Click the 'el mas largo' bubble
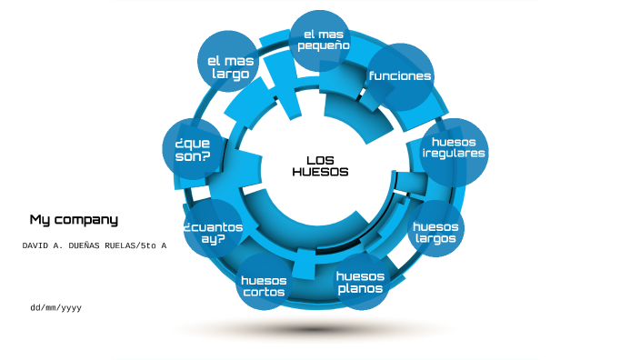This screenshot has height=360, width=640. pyautogui.click(x=228, y=62)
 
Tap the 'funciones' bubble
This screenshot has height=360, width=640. pyautogui.click(x=400, y=76)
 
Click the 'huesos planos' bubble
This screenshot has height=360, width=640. pyautogui.click(x=361, y=282)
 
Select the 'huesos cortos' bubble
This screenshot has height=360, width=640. pyautogui.click(x=264, y=285)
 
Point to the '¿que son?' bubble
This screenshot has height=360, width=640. pyautogui.click(x=193, y=149)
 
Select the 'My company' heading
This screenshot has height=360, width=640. pyautogui.click(x=74, y=219)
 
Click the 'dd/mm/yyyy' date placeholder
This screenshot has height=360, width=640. pyautogui.click(x=55, y=308)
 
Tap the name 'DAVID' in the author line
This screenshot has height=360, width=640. pyautogui.click(x=38, y=246)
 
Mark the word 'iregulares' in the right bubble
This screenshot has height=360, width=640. pyautogui.click(x=455, y=154)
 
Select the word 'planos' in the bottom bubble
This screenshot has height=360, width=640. pyautogui.click(x=361, y=289)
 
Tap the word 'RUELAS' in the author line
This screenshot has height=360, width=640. pyautogui.click(x=115, y=246)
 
